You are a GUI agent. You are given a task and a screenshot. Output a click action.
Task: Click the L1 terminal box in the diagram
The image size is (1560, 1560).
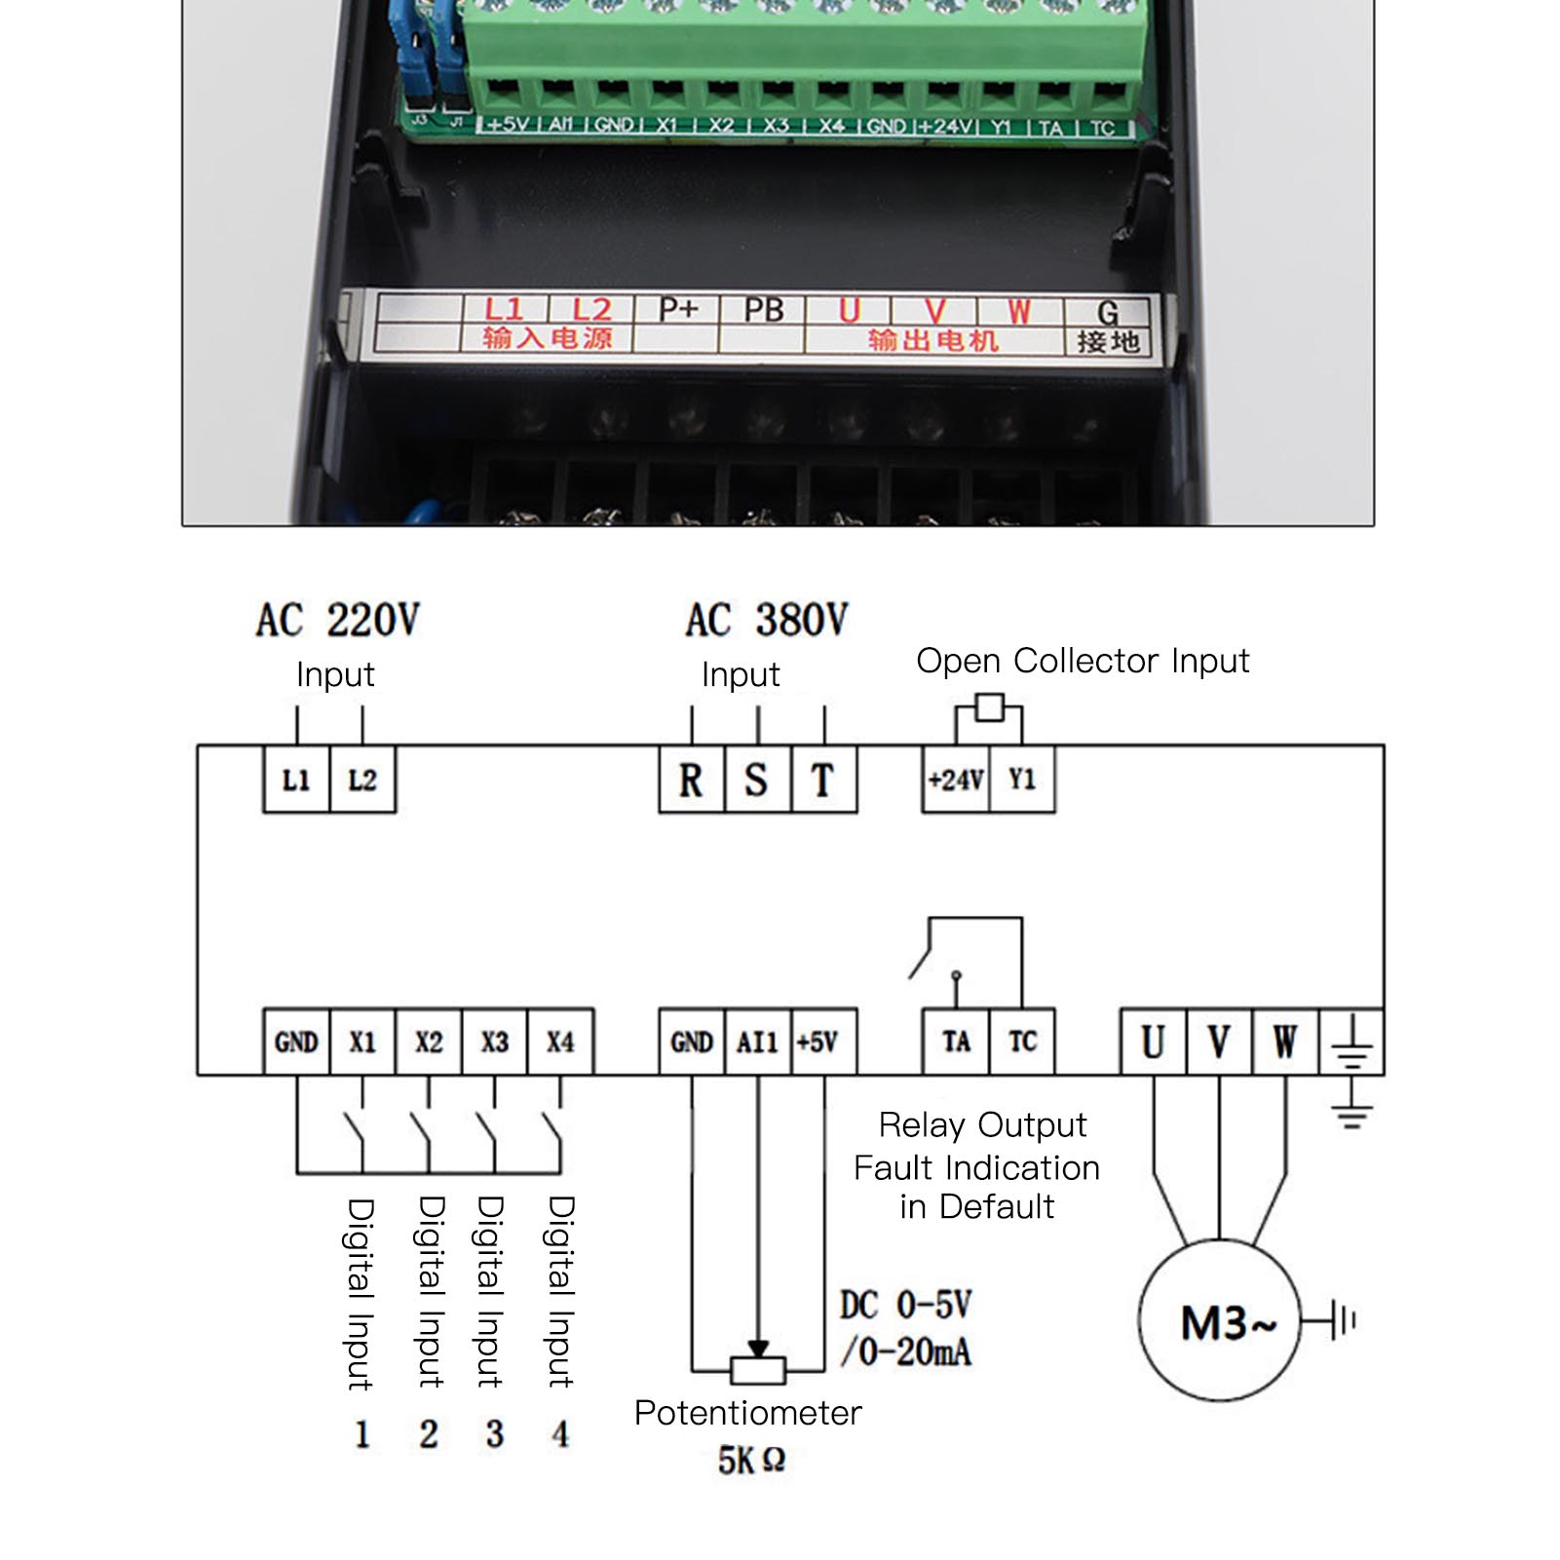296,780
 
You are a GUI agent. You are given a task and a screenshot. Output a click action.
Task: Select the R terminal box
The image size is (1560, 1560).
692,780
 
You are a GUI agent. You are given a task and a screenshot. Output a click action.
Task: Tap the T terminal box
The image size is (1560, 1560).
823,780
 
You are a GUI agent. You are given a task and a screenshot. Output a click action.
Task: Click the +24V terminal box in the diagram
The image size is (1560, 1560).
956,780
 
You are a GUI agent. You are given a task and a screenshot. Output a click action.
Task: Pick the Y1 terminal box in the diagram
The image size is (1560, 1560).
1022,780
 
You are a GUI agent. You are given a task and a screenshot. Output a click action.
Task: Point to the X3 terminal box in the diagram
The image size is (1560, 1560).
494,1042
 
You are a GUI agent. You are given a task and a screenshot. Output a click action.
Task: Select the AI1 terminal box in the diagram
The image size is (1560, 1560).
757,1042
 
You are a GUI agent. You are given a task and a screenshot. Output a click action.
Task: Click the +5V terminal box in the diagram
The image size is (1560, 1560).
823,1042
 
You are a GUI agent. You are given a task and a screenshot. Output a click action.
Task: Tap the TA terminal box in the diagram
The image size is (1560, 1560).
956,1042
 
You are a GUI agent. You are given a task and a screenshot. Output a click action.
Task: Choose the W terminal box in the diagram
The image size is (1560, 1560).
1285,1042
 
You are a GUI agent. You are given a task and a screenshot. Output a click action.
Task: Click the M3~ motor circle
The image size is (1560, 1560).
1220,1320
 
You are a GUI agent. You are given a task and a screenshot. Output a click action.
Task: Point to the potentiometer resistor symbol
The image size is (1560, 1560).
757,1370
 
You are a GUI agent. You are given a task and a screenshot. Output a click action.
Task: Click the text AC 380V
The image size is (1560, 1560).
767,621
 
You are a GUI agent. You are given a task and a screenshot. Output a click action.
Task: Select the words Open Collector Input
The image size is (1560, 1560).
1083,661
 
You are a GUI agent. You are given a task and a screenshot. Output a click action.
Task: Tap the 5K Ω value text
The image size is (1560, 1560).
751,1460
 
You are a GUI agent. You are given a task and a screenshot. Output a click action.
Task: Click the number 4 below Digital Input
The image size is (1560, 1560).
560,1433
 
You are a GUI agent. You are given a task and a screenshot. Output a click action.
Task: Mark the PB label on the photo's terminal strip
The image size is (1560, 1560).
763,311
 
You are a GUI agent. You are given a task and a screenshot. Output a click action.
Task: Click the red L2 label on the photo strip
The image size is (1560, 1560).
590,311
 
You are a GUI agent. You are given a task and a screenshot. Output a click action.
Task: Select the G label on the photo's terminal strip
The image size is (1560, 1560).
1107,313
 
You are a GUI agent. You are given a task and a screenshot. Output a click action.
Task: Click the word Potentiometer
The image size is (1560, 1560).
747,1413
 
